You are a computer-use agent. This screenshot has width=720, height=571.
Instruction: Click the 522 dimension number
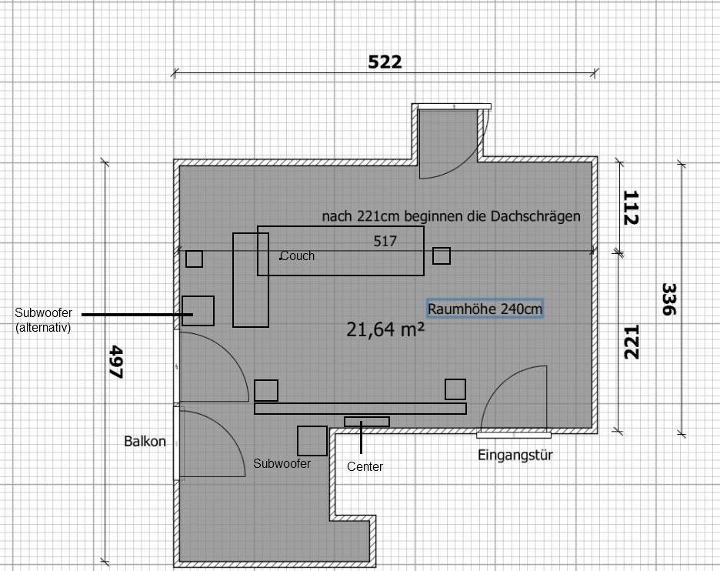(385, 62)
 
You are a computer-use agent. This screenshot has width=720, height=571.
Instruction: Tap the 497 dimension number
(116, 362)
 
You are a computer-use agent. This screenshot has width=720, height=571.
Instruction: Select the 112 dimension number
(631, 208)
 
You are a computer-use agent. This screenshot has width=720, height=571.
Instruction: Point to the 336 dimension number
(669, 299)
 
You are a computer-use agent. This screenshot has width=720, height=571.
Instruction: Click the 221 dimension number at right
(632, 342)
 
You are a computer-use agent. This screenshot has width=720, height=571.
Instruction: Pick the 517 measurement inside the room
(385, 241)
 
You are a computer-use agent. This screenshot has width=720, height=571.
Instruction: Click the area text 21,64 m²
(385, 329)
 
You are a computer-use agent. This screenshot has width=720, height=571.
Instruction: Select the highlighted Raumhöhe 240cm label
(485, 309)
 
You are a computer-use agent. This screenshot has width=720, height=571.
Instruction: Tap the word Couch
(297, 255)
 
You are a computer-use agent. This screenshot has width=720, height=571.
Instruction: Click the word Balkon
(145, 442)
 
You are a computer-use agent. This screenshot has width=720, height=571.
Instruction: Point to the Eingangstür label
(515, 456)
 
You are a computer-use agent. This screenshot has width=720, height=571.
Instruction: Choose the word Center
(365, 466)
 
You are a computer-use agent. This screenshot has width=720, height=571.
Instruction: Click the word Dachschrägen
(535, 216)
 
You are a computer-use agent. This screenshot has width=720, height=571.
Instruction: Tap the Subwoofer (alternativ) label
(43, 320)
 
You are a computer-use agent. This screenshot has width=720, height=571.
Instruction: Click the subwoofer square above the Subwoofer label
(312, 441)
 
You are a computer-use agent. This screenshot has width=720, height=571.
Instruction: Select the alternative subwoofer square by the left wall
(198, 311)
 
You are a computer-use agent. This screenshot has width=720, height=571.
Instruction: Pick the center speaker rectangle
(367, 422)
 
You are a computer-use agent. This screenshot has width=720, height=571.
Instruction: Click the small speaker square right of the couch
(442, 255)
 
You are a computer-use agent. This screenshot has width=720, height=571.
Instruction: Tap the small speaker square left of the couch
(195, 259)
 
